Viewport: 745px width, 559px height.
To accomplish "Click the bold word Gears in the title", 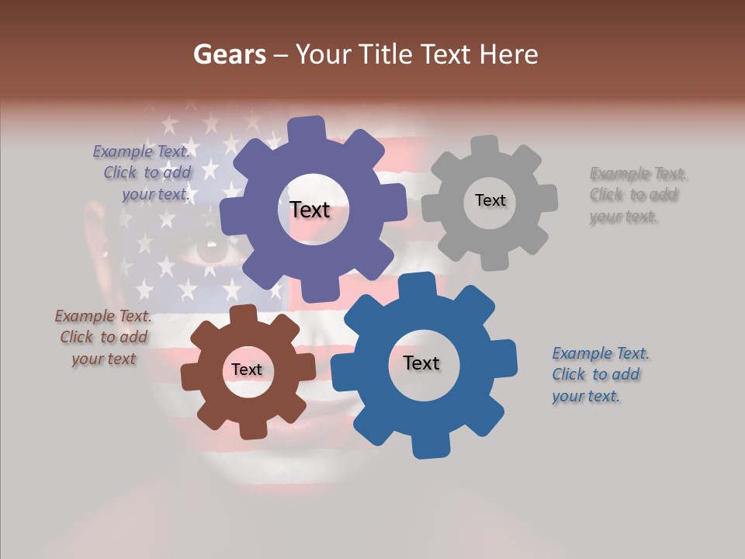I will coord(229,55).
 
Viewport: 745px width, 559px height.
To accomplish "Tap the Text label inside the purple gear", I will coord(310,210).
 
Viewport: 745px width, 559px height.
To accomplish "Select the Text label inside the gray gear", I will coord(490,200).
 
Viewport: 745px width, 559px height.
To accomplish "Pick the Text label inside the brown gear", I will coord(247,370).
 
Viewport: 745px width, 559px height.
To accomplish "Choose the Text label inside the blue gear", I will coord(421,363).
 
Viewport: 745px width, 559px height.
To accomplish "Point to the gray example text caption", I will coord(636,195).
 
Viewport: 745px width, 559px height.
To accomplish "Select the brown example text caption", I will coord(104,338).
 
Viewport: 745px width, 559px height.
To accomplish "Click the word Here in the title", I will coord(509,55).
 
